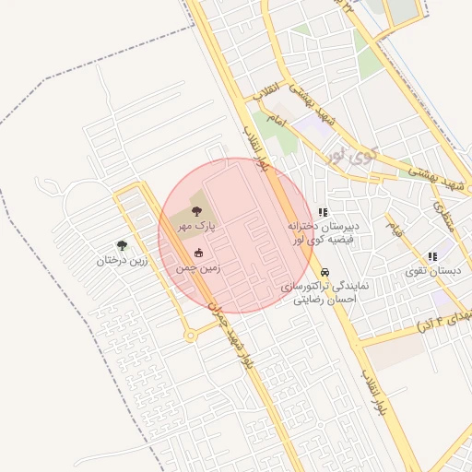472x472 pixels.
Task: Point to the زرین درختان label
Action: (122, 260)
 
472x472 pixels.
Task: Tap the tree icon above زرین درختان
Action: (122, 245)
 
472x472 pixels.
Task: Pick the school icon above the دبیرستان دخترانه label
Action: (323, 212)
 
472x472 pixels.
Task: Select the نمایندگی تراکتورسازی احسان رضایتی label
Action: (325, 292)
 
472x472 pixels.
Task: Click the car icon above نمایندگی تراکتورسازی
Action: (325, 273)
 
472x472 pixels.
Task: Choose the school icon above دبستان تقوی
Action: (431, 256)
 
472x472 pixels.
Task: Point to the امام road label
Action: (276, 121)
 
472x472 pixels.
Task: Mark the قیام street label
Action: (395, 226)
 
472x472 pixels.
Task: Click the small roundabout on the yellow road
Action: (191, 336)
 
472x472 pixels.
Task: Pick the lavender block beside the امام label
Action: (316, 129)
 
